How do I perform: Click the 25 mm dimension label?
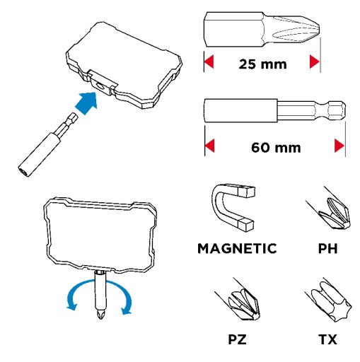coord(262,64)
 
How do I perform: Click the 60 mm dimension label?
coord(276,148)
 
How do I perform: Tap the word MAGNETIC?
coord(237,248)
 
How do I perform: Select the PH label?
coord(327,248)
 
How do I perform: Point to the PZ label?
coord(237,339)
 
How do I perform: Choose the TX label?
coord(327,339)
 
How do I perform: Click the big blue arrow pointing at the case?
coord(87,103)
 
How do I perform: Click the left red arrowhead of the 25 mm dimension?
coord(209,62)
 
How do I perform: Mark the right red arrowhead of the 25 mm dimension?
coord(315,62)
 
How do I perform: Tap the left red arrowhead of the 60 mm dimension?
coord(210,146)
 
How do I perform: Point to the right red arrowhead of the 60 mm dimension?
coord(339,146)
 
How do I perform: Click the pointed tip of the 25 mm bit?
coord(320,29)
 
